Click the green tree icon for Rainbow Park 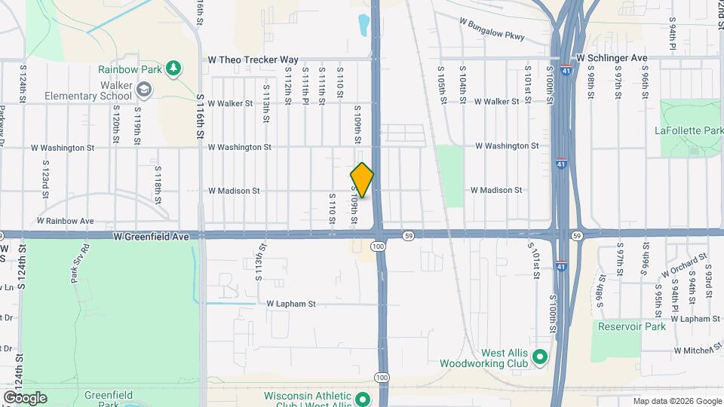click(174, 69)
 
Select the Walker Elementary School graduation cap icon click(143, 91)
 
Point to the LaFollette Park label click(689, 131)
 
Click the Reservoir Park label click(631, 326)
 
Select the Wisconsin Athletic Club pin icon click(362, 399)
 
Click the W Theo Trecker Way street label click(253, 59)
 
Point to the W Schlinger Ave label click(612, 57)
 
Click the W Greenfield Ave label click(151, 236)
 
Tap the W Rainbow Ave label click(66, 221)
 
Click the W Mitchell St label click(699, 350)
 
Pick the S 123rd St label click(46, 178)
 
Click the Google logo click(24, 398)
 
